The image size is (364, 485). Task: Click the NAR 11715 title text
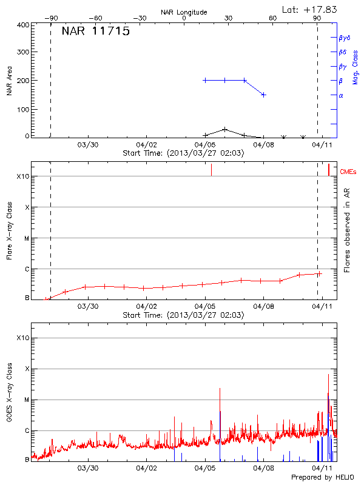coord(95,32)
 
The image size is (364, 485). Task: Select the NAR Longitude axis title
coord(184,12)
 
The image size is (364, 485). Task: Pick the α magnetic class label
coord(341,95)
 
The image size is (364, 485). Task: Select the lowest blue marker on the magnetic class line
coord(263,95)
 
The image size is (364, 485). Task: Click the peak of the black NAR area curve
coord(225,129)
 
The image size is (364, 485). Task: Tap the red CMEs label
coord(348,172)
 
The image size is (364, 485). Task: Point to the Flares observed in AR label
coord(347,232)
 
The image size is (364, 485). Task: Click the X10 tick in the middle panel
coord(23,176)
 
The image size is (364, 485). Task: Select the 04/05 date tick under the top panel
coord(205,145)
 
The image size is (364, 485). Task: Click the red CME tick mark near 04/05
coord(211,170)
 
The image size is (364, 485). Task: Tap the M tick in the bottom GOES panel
coord(27,400)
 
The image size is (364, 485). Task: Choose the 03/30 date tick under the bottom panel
coord(88,469)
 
